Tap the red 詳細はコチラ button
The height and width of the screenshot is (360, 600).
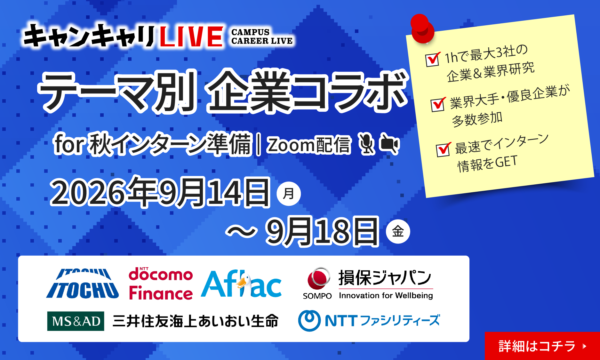pos(542,346)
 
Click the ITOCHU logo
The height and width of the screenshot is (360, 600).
pos(83,284)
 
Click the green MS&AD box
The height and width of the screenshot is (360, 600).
pos(76,321)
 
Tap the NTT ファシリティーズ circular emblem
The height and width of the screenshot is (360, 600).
pos(309,321)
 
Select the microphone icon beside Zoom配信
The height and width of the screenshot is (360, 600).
pos(366,144)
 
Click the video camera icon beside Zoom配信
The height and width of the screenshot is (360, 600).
pos(389,144)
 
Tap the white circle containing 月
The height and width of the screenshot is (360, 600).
pos(289,194)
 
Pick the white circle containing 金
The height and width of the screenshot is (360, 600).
pos(398,231)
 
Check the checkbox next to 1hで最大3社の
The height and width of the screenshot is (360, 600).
pos(433,59)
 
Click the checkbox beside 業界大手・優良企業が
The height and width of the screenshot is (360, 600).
pos(438,104)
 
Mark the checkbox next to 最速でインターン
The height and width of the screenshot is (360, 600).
pos(444,149)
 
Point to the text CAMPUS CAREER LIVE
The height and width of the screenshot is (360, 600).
pos(262,36)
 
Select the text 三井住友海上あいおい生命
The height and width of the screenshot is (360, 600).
pos(196,321)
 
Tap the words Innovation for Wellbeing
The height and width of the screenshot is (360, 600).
pos(386,295)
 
